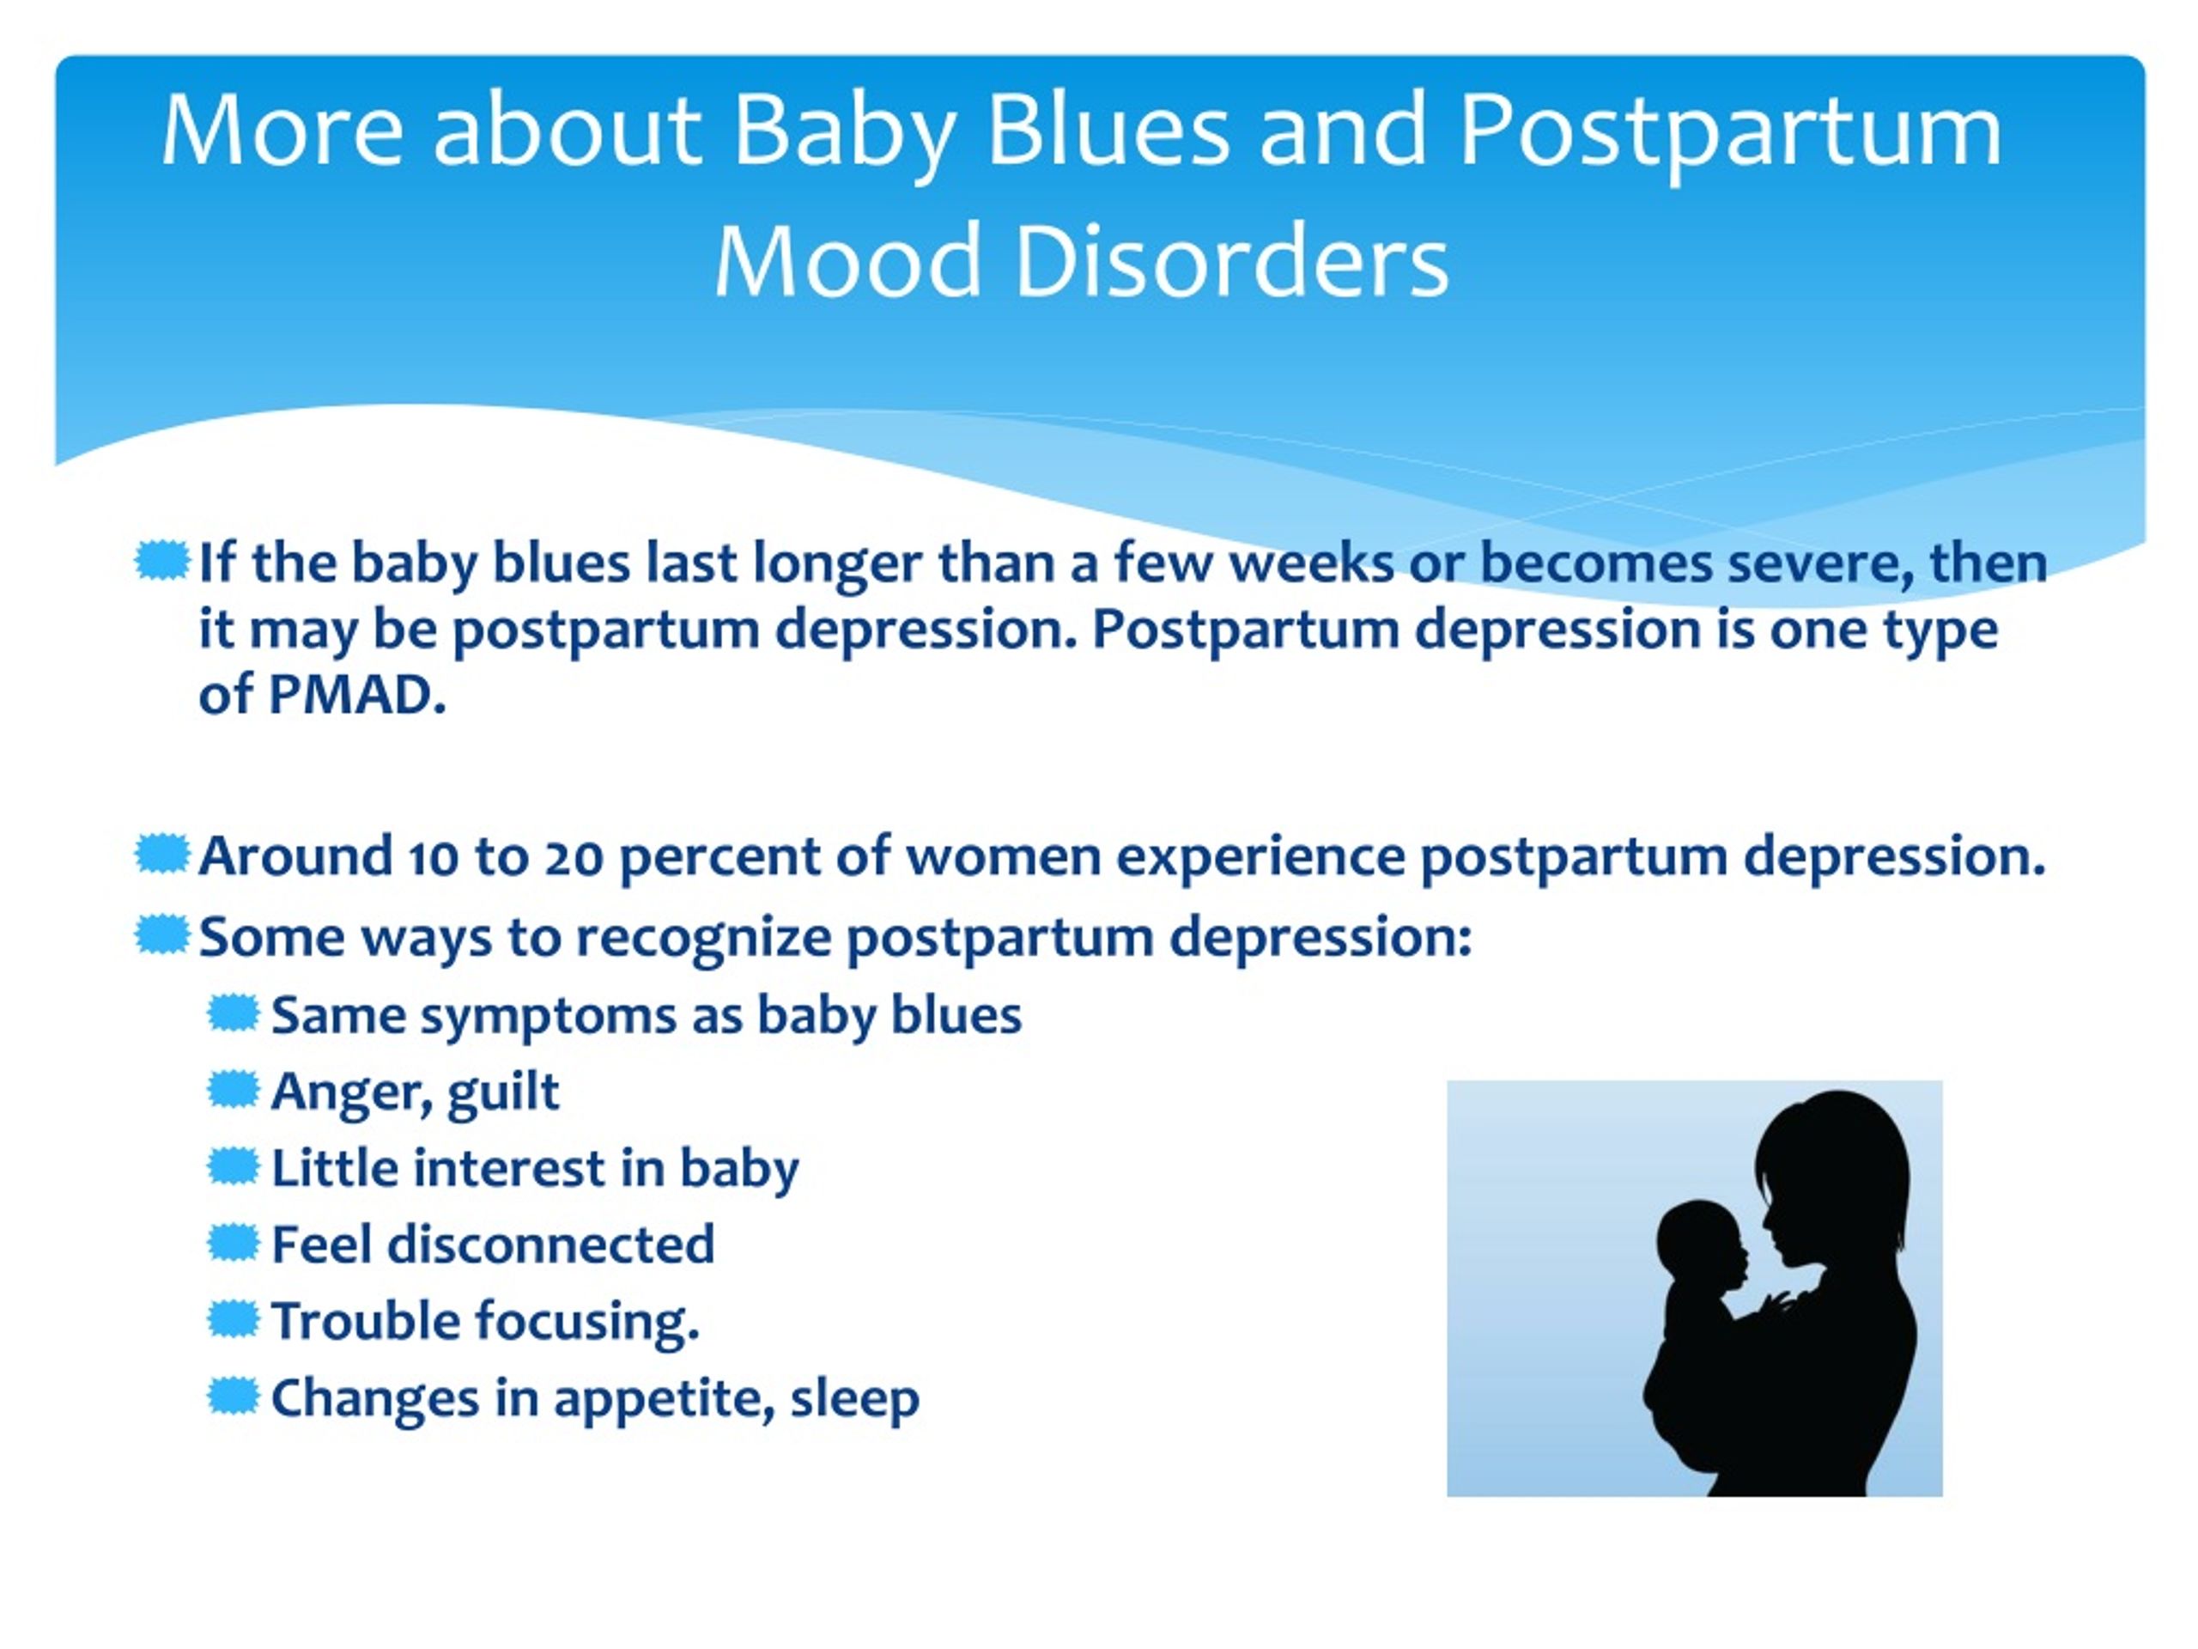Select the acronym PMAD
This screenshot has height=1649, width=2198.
(x=356, y=694)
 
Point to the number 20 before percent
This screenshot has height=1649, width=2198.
(x=574, y=857)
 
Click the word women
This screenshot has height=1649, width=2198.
(x=1004, y=858)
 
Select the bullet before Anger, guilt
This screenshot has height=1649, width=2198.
(x=233, y=1089)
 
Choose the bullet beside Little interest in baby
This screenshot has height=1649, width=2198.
(x=233, y=1166)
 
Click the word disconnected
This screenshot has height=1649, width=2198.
(x=550, y=1244)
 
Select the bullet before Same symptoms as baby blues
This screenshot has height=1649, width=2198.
(x=233, y=1013)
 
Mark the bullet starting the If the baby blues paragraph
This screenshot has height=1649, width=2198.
(x=161, y=562)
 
